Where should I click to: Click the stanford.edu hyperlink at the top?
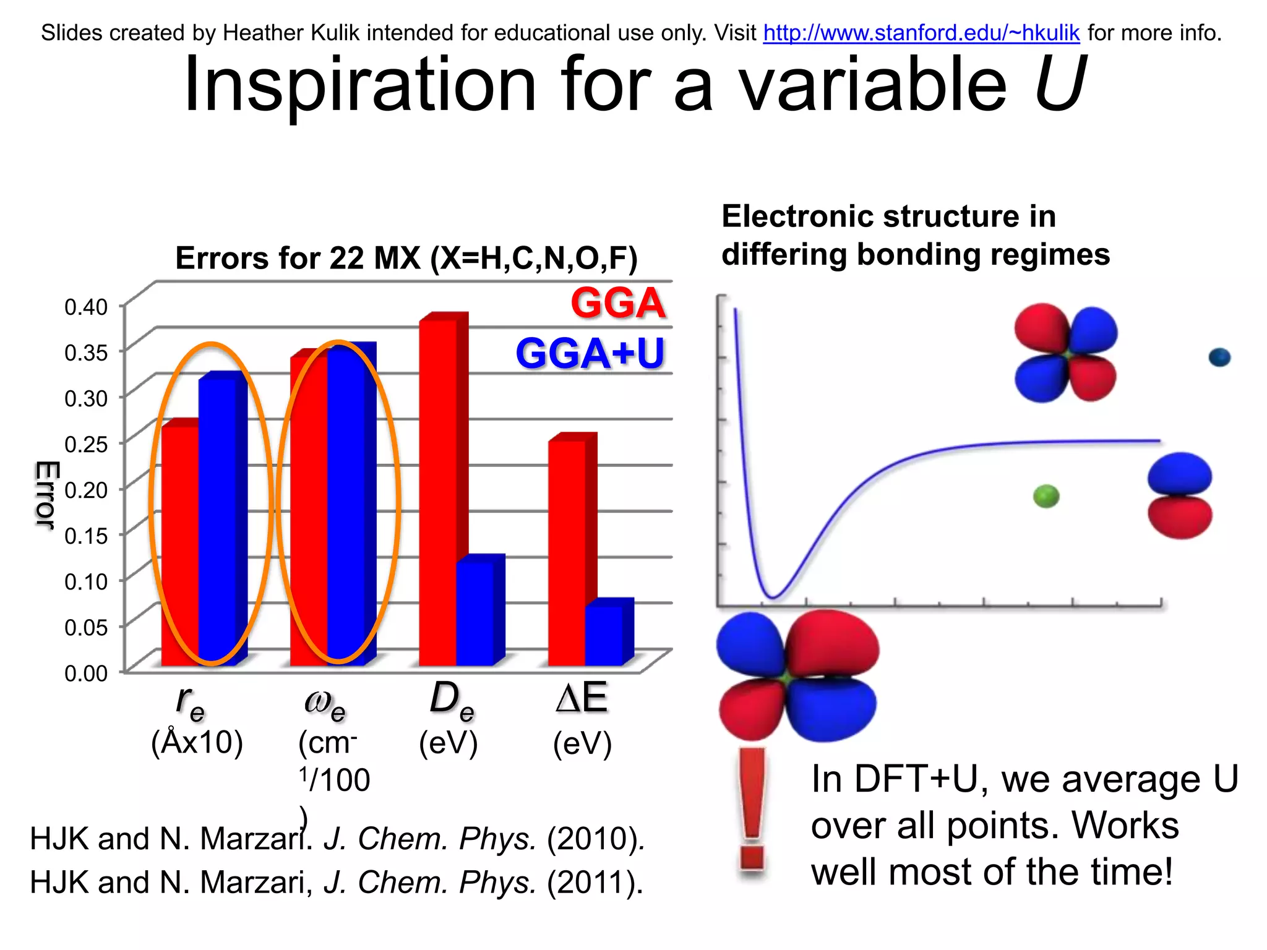tap(921, 33)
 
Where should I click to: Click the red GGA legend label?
tap(617, 303)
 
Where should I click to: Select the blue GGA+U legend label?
tap(590, 354)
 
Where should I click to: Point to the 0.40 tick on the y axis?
tap(86, 307)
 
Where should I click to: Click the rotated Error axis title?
tap(46, 495)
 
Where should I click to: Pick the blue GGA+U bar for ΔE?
tap(604, 634)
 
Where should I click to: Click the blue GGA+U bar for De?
tap(475, 612)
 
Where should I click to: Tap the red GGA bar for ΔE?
tap(567, 550)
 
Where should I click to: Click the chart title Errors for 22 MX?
tap(406, 258)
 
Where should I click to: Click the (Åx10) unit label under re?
tap(197, 742)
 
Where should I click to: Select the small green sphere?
tap(1046, 496)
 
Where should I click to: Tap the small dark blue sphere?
tap(1219, 357)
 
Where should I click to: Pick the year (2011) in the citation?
tap(595, 883)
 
